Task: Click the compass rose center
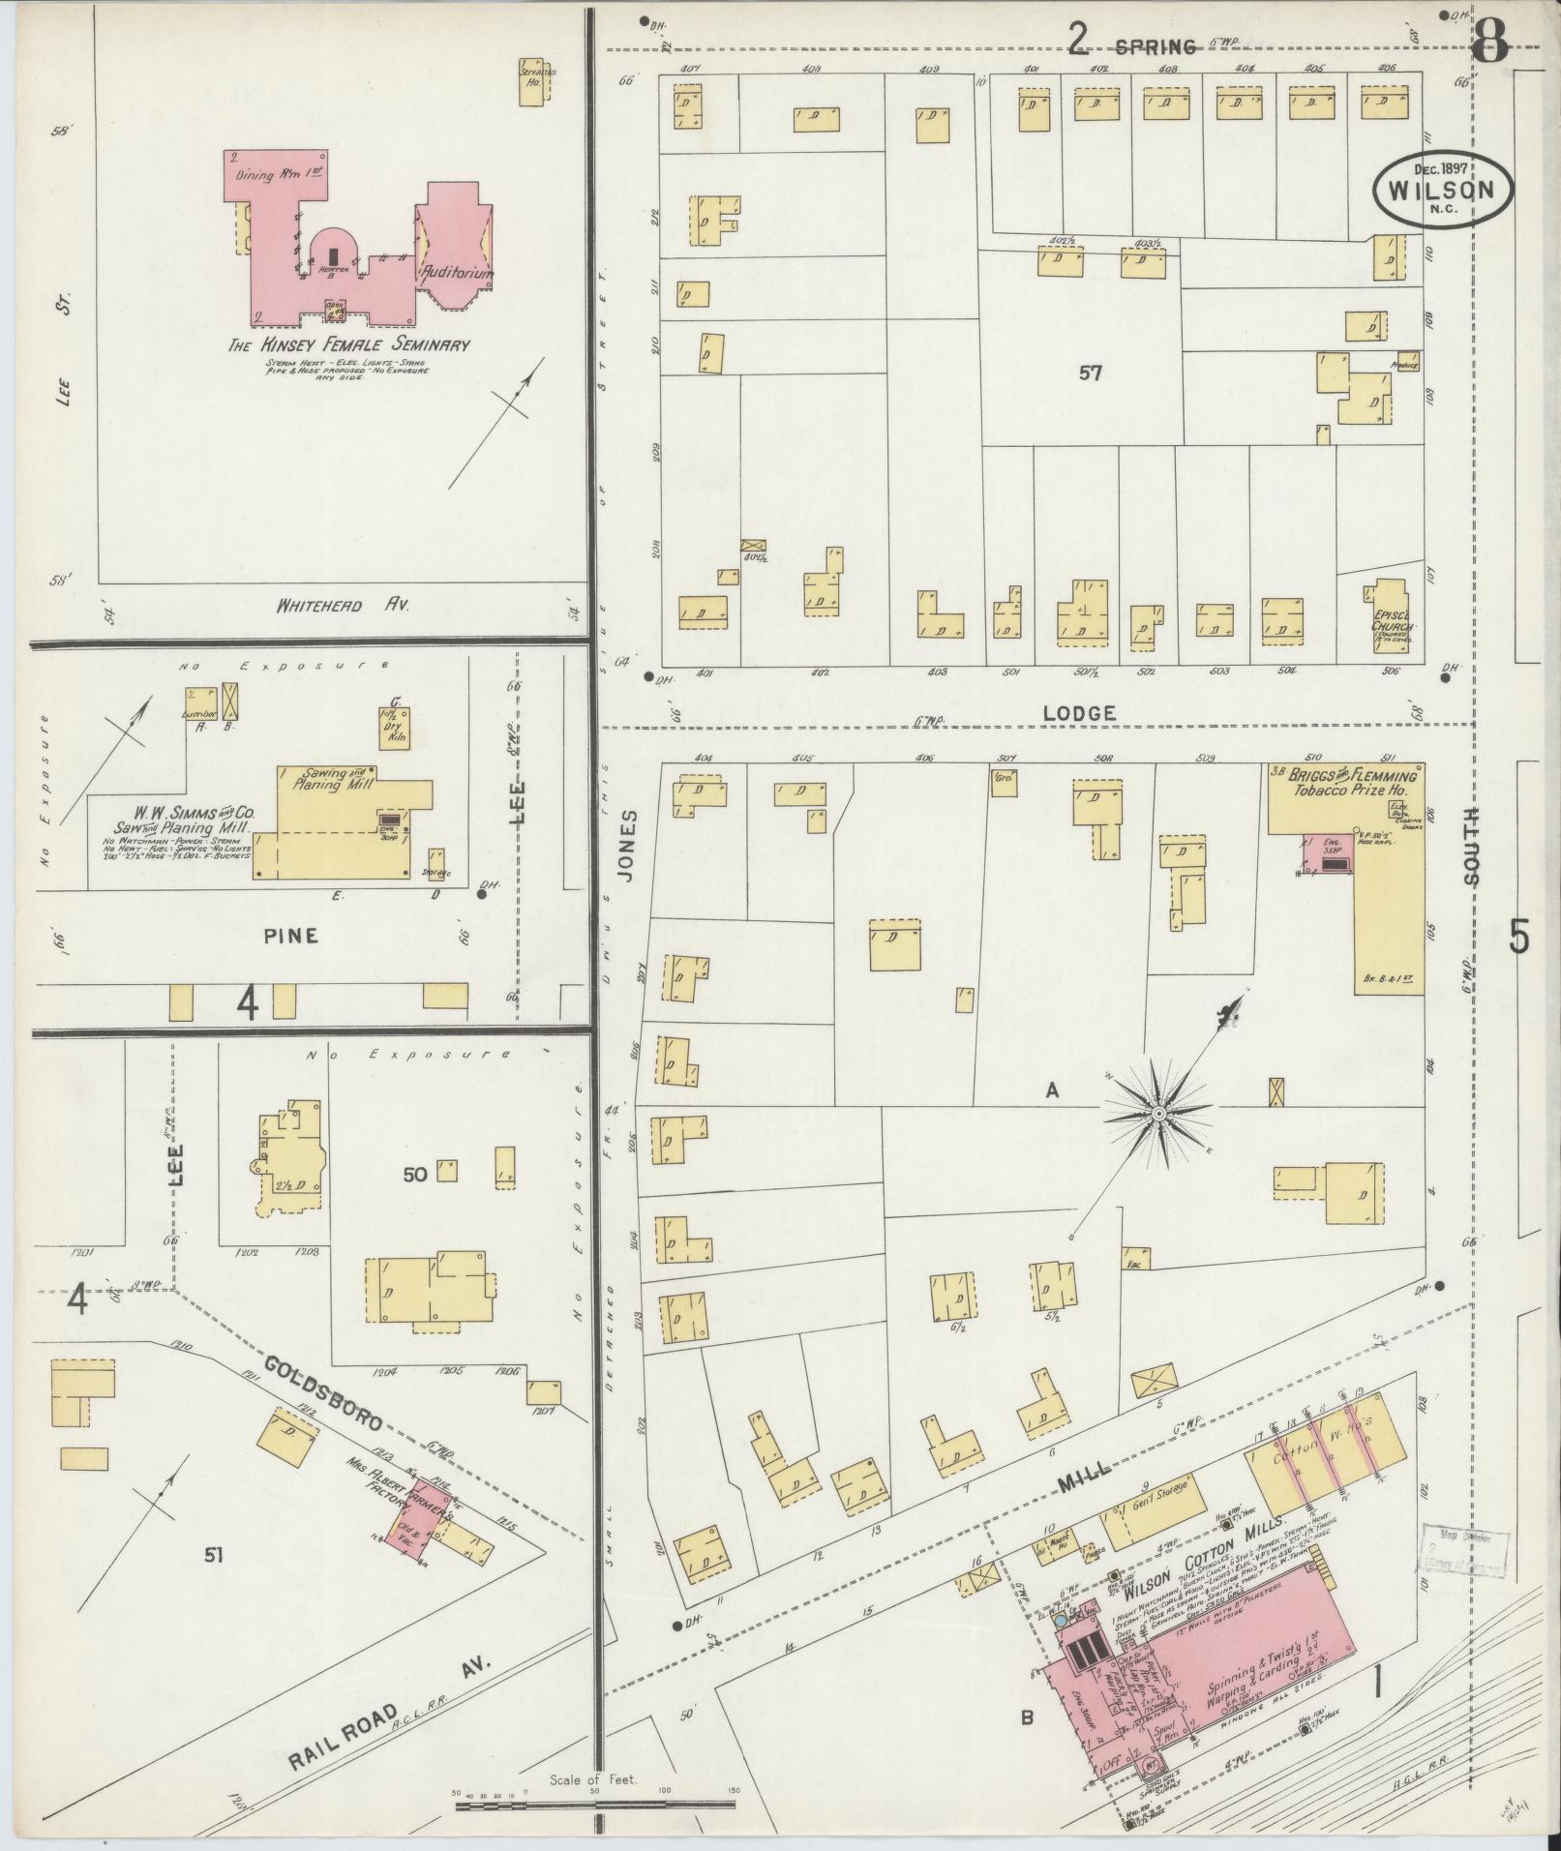tap(1158, 1115)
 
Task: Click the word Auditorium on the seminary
tap(456, 274)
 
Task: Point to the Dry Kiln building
tap(394, 725)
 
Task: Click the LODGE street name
tap(1079, 713)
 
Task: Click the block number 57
tap(1090, 373)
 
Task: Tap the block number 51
tap(214, 1555)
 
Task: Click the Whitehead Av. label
tap(343, 607)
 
